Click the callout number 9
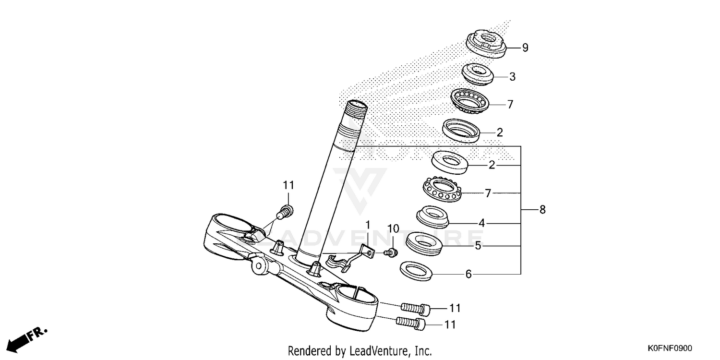coord(525,48)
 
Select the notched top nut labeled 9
coord(487,44)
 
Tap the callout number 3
coord(512,76)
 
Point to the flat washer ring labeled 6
coord(416,271)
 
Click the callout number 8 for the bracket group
coord(542,210)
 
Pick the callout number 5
coord(478,246)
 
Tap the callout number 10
coord(393,229)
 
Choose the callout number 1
coord(368,225)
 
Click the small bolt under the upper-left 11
coord(287,210)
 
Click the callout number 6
coord(468,275)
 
